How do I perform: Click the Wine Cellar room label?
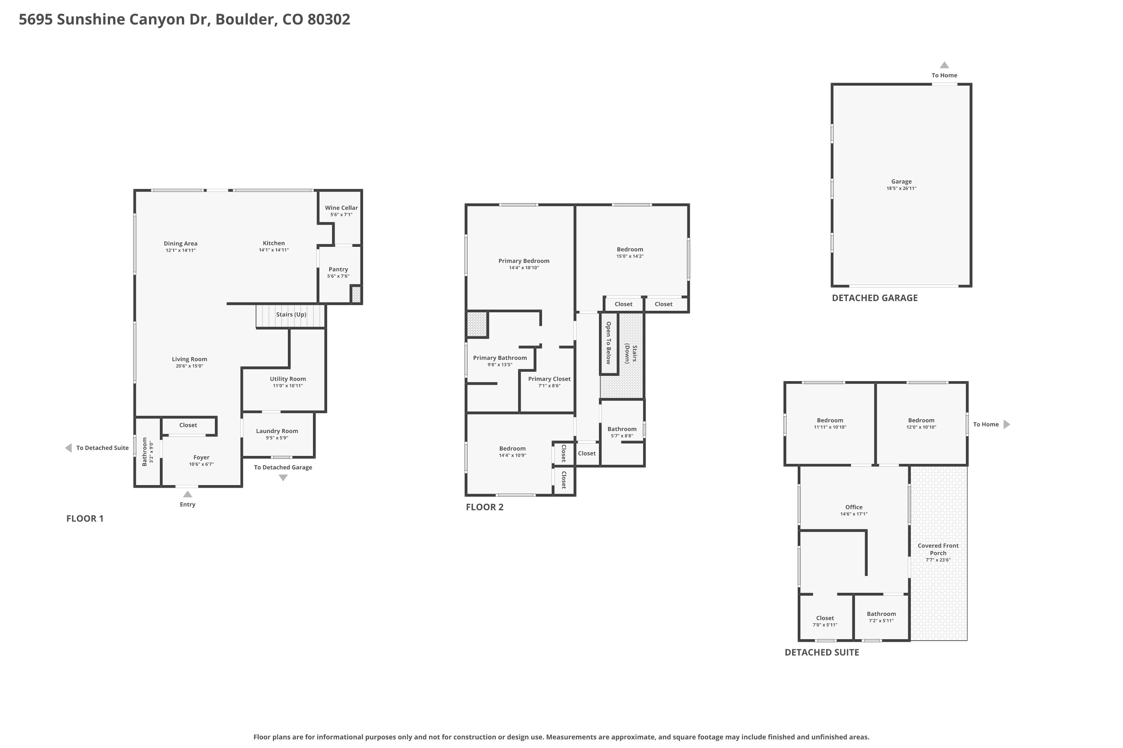pos(341,208)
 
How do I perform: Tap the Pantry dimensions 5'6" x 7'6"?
pos(338,276)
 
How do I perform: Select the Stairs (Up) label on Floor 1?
pos(291,315)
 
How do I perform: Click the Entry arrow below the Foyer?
pos(188,494)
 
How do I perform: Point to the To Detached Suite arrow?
pos(68,448)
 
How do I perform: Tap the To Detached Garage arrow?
pos(283,478)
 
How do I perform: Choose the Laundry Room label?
pos(277,431)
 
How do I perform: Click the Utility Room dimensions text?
pos(288,386)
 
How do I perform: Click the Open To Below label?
pos(608,343)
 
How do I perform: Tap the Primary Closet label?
pos(549,379)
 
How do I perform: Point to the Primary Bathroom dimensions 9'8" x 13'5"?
pos(500,365)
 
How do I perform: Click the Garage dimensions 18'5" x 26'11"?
pos(901,188)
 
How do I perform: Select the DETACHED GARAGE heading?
pos(875,298)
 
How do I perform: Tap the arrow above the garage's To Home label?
pos(944,65)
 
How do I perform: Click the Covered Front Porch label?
pos(938,549)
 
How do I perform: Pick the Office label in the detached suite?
pos(854,507)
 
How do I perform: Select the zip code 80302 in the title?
pos(329,19)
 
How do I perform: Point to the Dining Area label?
pos(180,243)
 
